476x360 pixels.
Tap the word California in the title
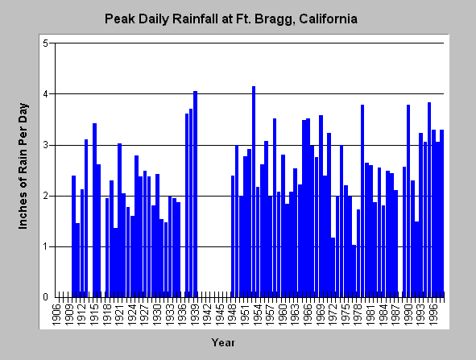coord(328,19)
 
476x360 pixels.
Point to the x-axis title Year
coord(223,343)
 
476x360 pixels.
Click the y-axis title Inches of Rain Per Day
coord(23,166)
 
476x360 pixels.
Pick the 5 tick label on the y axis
coord(46,43)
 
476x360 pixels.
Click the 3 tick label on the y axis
coord(46,145)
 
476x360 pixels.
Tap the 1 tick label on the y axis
coord(46,246)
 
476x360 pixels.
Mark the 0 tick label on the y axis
coord(46,297)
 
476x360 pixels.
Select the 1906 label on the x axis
coord(56,315)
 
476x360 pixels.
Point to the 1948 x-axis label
coord(233,315)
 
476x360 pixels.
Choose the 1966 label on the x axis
coord(308,315)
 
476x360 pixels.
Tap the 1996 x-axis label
coord(433,315)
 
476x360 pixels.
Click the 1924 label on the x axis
coord(132,315)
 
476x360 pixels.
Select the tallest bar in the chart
coord(254,192)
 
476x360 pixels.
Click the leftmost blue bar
coord(74,237)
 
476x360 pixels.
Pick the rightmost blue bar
coord(441,213)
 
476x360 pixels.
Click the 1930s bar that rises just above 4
coord(195,194)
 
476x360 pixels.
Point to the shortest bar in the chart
coord(354,271)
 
